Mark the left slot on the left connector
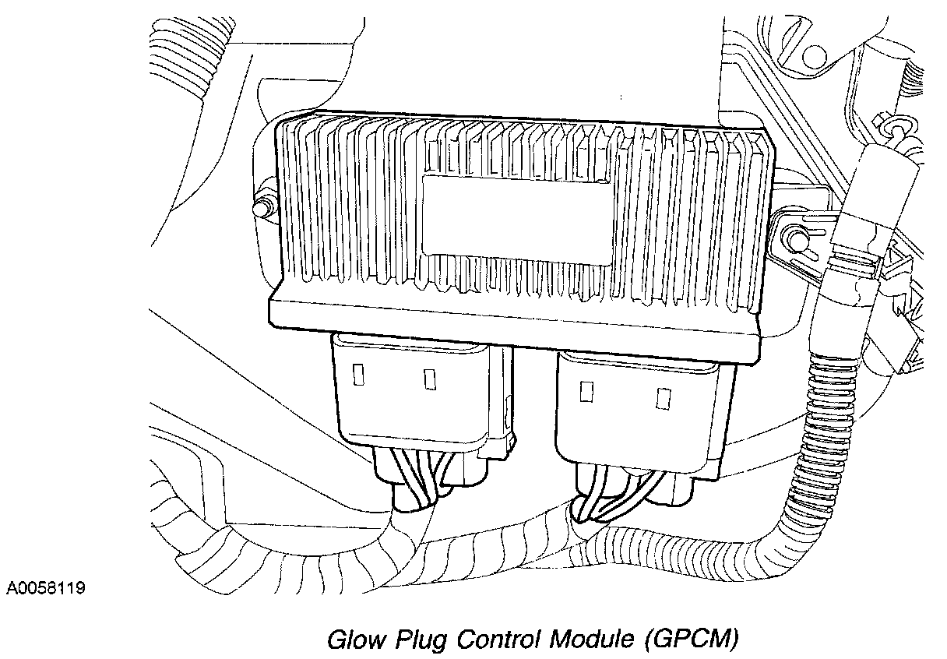coord(359,375)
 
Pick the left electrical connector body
coord(421,397)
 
